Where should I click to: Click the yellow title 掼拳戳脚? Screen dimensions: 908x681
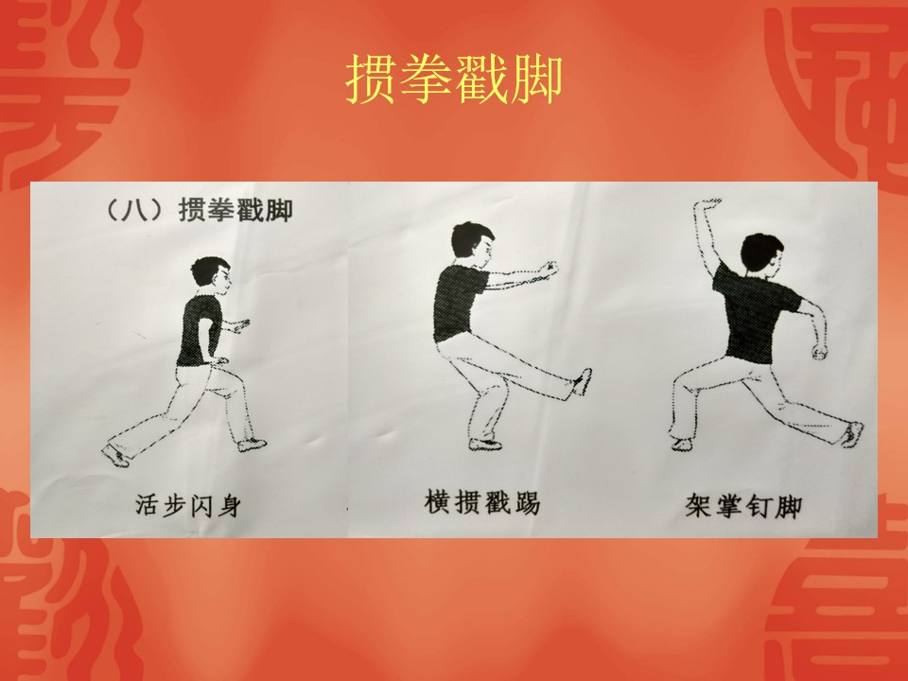pos(454,79)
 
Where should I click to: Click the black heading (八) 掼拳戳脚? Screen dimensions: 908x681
pos(198,210)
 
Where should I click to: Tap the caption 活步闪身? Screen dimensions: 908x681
pos(188,505)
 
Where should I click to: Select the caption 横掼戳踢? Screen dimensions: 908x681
pos(482,501)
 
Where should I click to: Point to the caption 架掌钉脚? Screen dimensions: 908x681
pos(743,505)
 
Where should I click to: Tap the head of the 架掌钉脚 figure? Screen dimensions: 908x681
pos(761,254)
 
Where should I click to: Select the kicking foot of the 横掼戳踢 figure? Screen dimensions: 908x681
pos(582,382)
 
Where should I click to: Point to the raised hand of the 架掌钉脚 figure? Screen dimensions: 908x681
pos(708,203)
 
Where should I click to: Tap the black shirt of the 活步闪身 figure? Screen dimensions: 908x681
pos(200,330)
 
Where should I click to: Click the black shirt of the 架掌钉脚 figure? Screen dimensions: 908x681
pos(753,313)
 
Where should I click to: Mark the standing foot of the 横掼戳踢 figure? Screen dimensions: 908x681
pos(484,445)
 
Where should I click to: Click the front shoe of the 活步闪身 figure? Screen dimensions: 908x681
pos(252,445)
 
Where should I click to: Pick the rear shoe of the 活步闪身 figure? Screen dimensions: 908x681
pos(115,456)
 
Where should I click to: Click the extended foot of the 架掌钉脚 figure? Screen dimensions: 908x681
pos(852,434)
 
